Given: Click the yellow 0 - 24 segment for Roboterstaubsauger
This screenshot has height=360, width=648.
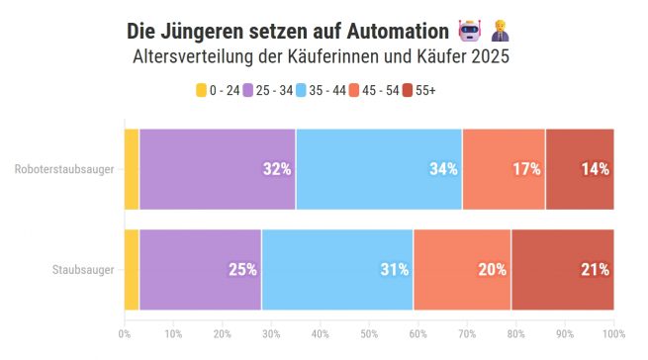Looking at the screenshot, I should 132,169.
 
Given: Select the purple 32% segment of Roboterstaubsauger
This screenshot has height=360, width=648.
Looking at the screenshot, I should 217,169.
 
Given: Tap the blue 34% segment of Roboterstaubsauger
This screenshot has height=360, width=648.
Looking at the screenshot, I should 379,169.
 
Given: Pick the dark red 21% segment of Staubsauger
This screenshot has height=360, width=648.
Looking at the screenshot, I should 562,269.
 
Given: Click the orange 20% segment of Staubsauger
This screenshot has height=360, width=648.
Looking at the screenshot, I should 462,269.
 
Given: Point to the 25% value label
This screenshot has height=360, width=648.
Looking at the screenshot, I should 242,269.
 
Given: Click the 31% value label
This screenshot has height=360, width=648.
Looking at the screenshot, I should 395,269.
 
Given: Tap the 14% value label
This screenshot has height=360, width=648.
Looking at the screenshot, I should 595,169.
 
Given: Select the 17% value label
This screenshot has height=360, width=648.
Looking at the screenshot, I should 526,169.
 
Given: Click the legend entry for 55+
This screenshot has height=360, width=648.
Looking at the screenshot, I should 419,90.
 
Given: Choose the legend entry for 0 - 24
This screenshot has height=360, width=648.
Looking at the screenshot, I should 218,90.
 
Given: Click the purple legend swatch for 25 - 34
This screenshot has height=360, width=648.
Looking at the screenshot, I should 247,90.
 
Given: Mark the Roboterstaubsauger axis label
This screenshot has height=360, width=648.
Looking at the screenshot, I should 64,169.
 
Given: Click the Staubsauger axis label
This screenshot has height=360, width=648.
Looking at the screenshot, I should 83,269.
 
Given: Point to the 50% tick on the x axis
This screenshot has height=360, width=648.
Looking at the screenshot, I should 369,332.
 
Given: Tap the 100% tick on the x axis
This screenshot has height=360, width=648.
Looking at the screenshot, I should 613,332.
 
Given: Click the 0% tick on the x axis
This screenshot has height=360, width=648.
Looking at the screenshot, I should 125,332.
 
